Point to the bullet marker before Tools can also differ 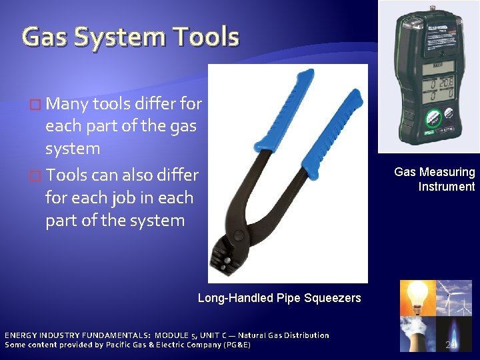[x=36, y=175]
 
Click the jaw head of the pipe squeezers [x=227, y=254]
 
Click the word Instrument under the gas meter [x=447, y=187]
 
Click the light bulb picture [x=417, y=297]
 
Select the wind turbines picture [x=455, y=297]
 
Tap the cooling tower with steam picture [x=417, y=333]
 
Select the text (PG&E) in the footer [x=237, y=345]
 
